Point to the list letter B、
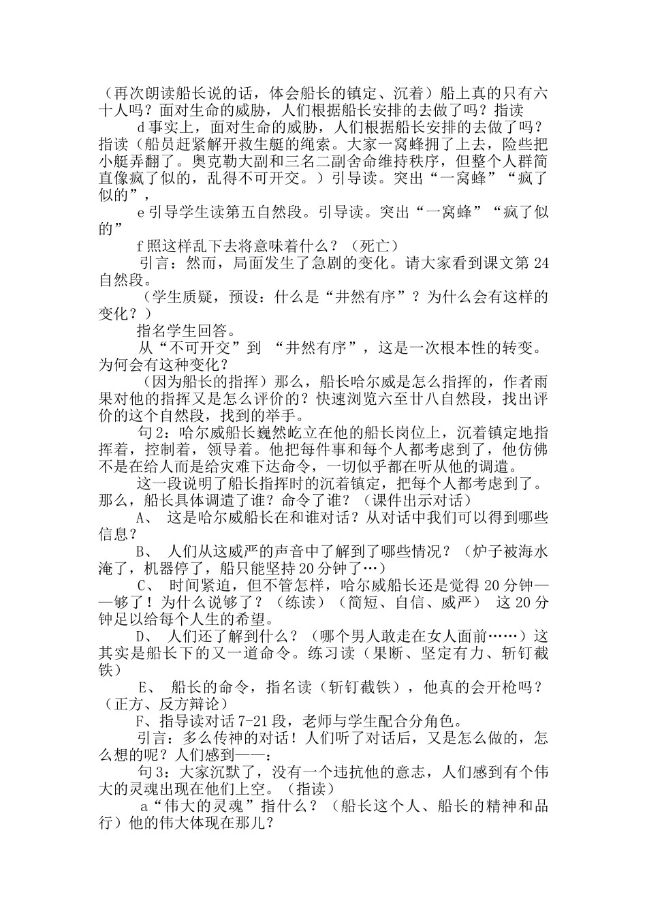[x=148, y=551]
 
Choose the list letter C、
[x=148, y=585]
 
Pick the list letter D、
[x=148, y=636]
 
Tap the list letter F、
[x=144, y=721]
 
